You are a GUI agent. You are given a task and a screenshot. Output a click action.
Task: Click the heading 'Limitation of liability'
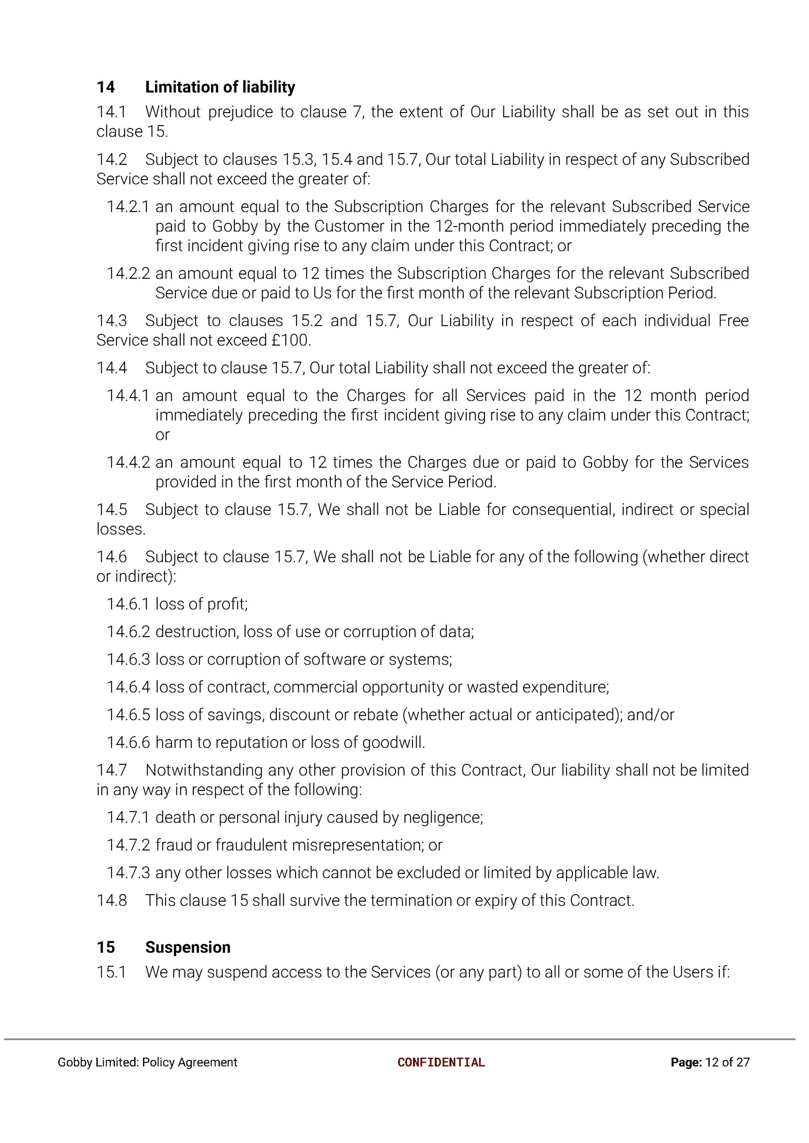pyautogui.click(x=220, y=87)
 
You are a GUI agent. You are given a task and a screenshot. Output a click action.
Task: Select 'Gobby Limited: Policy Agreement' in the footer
pyautogui.click(x=147, y=1062)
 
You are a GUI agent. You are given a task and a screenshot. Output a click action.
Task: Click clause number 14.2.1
pyautogui.click(x=128, y=207)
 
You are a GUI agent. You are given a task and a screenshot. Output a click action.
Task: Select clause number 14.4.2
pyautogui.click(x=128, y=462)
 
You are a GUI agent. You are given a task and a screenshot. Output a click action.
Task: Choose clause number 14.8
pyautogui.click(x=112, y=901)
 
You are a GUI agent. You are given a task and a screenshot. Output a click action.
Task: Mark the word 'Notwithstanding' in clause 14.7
pyautogui.click(x=204, y=770)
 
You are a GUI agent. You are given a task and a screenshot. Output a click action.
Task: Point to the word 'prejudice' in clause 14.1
pyautogui.click(x=240, y=112)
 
